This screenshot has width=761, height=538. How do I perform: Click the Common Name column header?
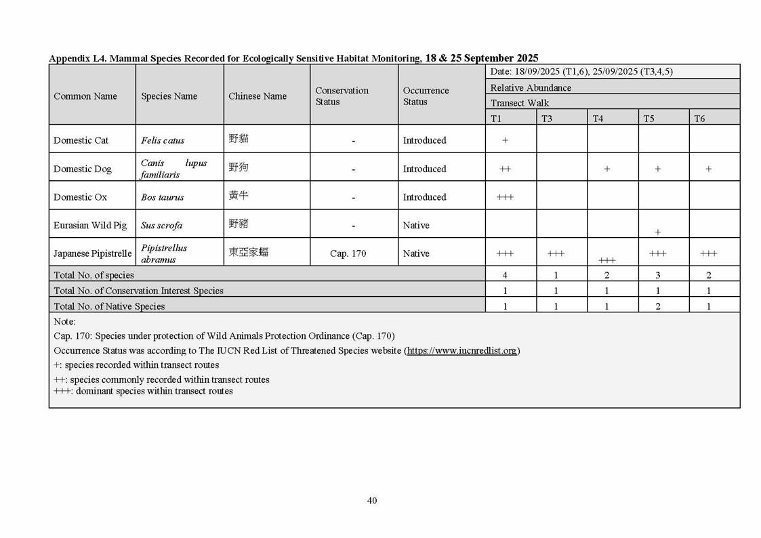pos(85,96)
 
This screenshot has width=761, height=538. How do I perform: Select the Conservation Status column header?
pos(342,96)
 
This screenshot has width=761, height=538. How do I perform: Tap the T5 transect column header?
pos(649,119)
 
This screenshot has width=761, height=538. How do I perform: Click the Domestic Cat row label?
pos(81,140)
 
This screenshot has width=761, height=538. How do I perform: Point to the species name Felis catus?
pos(162,141)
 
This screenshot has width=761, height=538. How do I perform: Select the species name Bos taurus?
pos(162,197)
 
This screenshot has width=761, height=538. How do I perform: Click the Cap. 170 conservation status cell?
pos(348,253)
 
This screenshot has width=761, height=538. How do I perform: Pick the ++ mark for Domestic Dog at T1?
pos(505,169)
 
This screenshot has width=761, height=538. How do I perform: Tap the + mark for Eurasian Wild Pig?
pos(657,232)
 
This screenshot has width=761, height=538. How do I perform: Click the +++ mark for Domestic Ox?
pos(505,197)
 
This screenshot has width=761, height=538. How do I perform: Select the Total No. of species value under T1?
pos(505,275)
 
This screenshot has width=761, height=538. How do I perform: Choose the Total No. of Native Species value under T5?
pos(657,306)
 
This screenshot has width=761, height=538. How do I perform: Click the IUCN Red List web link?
pos(462,350)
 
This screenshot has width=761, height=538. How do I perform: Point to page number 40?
pos(371,501)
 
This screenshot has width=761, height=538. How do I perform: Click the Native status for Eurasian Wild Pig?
pos(415,225)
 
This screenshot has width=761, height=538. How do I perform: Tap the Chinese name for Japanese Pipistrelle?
pos(248,252)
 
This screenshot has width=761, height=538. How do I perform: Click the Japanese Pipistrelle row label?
pos(92,253)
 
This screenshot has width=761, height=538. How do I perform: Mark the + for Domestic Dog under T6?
pos(708,169)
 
